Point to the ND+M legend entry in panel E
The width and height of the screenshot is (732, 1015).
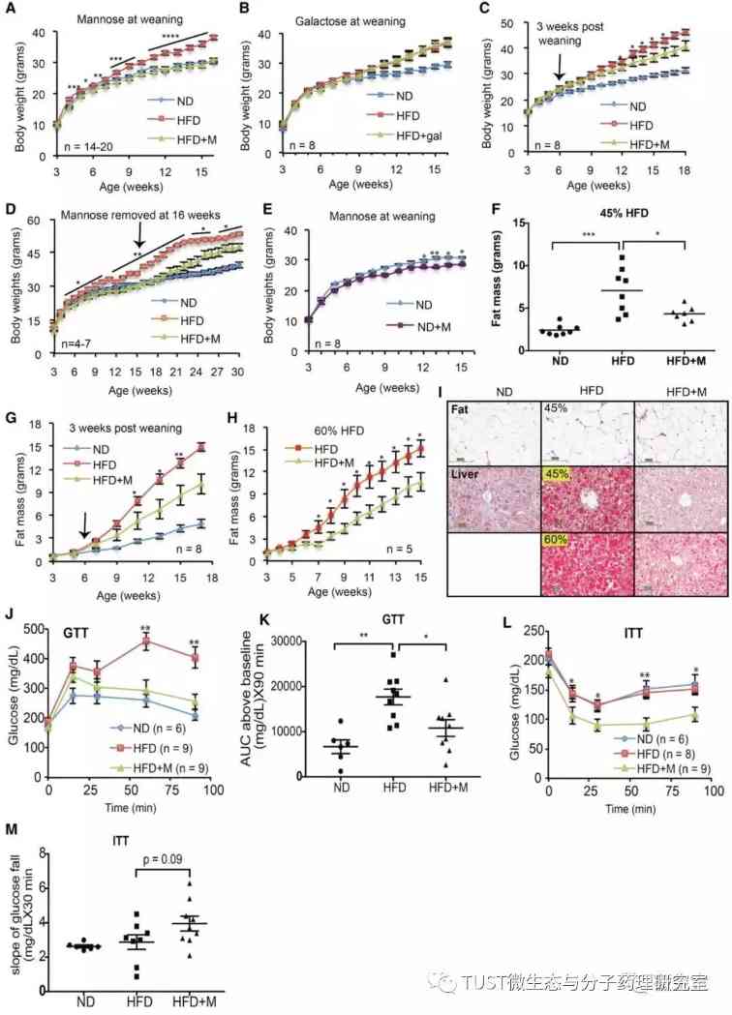click(x=396, y=334)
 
